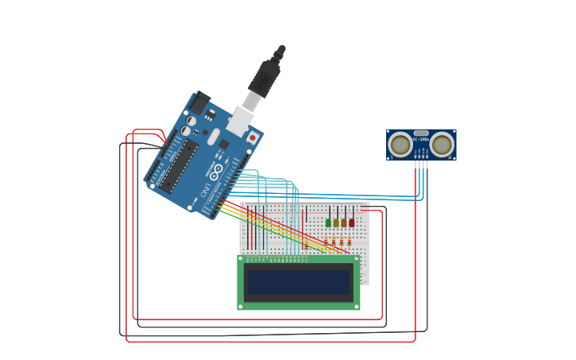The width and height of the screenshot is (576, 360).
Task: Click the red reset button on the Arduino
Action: (253, 137)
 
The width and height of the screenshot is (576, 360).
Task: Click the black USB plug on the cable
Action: (265, 76)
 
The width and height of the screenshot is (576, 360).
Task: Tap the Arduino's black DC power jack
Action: (198, 103)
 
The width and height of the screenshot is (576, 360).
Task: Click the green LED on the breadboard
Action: (328, 223)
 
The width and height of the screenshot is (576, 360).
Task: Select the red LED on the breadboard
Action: (352, 223)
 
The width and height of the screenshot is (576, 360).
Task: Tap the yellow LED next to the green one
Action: (336, 223)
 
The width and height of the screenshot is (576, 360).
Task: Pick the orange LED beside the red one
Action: (344, 223)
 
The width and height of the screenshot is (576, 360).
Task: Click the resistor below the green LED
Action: (325, 242)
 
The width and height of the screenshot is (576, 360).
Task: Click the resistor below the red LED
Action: (349, 242)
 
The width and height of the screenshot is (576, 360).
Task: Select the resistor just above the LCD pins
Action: (306, 246)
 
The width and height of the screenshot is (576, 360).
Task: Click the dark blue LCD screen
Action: (298, 282)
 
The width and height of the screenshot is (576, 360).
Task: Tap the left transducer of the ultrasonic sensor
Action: (401, 145)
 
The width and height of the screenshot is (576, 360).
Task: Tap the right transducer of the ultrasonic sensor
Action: (442, 145)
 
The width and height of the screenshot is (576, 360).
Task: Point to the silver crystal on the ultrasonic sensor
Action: (421, 133)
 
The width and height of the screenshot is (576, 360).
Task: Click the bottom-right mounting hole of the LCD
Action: (356, 306)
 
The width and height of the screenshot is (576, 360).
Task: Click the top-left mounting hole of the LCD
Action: (241, 258)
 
